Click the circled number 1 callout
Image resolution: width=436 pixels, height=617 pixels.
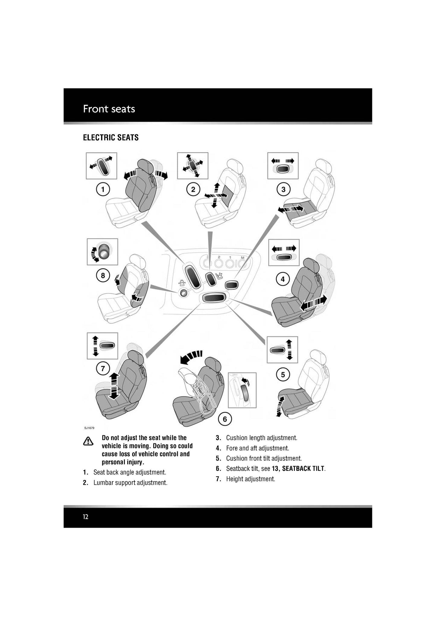[x=103, y=190]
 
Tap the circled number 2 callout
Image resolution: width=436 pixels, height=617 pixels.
[x=193, y=190]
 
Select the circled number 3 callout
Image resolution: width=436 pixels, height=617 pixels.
[x=283, y=190]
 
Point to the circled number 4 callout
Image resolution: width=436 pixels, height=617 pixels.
[x=283, y=279]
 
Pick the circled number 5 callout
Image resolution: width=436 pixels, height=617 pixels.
[x=283, y=375]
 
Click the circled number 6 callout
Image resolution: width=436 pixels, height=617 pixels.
[x=225, y=419]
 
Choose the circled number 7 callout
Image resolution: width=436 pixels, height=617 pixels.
[x=103, y=369]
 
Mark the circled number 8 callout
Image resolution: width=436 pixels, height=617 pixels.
[x=103, y=275]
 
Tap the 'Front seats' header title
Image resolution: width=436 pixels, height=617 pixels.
[x=109, y=109]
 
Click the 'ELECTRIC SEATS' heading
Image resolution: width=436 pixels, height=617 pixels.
[x=111, y=138]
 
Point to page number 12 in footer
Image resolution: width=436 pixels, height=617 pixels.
[x=86, y=517]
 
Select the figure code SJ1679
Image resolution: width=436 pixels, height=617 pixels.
[x=89, y=428]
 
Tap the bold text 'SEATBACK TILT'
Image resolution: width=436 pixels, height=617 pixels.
[x=303, y=468]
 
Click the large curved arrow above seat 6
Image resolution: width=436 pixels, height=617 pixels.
[x=191, y=356]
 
